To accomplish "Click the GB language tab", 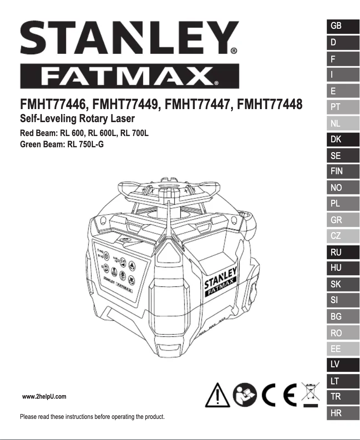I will coord(343,26).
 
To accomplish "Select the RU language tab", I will coord(343,252).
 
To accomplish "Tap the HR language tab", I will coord(343,414).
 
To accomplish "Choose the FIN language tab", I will coord(343,172).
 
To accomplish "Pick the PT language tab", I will coord(343,107).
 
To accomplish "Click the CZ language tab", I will coord(343,236).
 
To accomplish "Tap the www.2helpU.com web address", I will coord(44,396).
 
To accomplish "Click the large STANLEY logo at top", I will coord(129,38).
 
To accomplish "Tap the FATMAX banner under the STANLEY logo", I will coord(129,77).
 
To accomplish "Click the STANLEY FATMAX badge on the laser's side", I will coord(220,284).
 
